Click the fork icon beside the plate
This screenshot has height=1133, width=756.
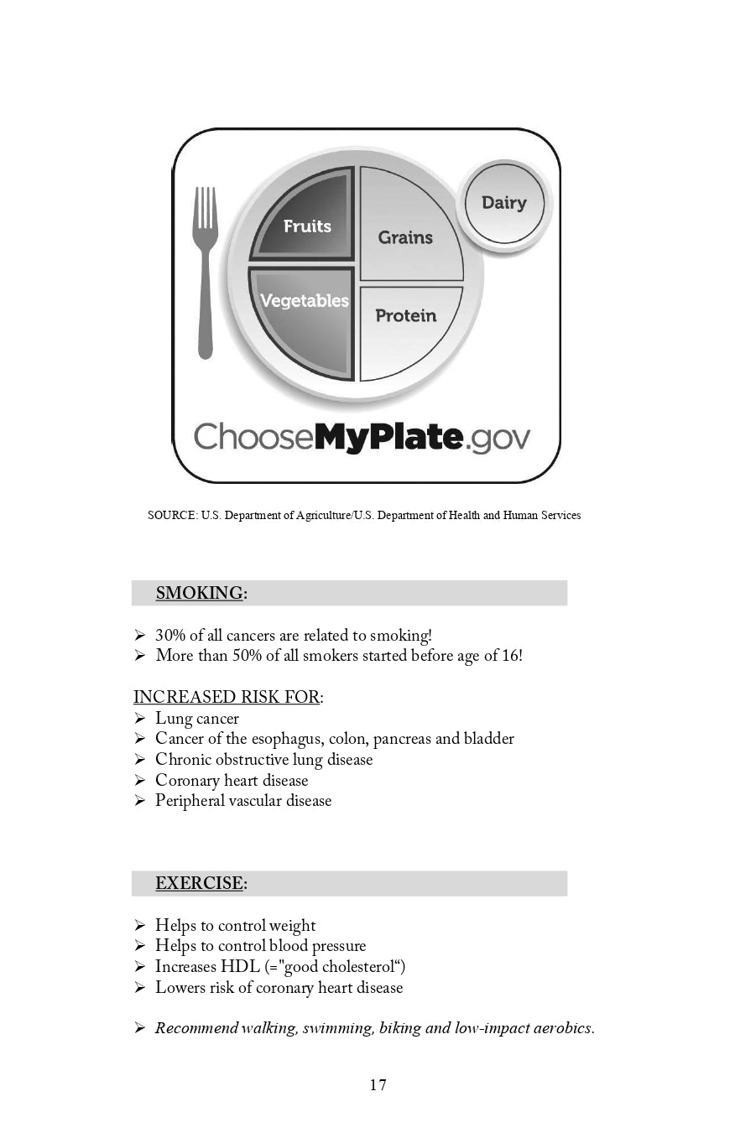pos(206,273)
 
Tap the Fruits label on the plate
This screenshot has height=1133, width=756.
pos(307,226)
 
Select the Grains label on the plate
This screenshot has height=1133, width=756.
pos(405,238)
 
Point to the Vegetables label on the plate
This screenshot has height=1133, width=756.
pos(304,301)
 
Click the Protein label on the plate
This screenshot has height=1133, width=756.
pos(406,316)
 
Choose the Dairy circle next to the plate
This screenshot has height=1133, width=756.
pos(504,203)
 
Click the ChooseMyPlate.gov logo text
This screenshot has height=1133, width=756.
pos(362,437)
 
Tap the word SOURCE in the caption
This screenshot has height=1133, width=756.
pos(172,516)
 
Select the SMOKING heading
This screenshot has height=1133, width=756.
pos(199,594)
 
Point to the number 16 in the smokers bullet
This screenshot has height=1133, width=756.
pos(510,656)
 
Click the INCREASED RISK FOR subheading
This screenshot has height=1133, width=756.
pos(227,698)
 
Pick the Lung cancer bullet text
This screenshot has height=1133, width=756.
pos(197,719)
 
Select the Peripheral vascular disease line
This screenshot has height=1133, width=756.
pos(243,801)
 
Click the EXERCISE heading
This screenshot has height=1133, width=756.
pos(199,884)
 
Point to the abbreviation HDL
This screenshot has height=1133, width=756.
pos(240,967)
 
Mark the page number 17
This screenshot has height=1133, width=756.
pos(378,1085)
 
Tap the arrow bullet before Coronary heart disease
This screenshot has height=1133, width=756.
pos(140,781)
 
